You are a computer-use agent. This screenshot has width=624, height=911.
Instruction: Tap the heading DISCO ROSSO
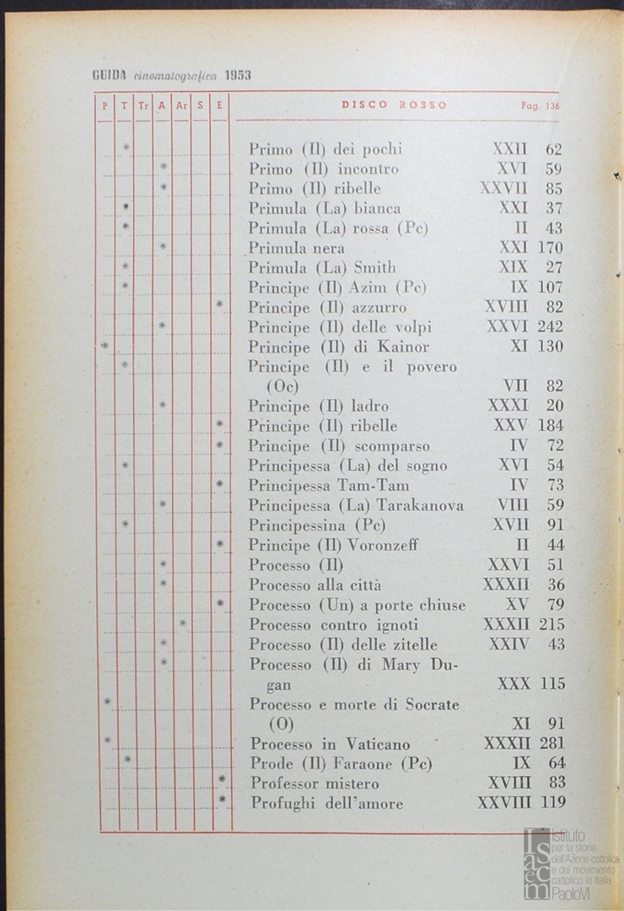point(394,105)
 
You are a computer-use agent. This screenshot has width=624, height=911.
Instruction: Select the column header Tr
point(143,106)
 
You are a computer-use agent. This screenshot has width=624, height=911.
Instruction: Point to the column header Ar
point(181,106)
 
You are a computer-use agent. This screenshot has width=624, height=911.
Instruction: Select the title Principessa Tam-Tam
point(329,485)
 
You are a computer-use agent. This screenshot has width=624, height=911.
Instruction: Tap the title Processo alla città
point(315,585)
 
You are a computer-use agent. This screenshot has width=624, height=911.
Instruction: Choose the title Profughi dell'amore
point(326,803)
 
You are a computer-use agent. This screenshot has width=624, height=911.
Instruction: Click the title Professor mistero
point(315,783)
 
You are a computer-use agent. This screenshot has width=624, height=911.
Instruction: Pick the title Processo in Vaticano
point(330,744)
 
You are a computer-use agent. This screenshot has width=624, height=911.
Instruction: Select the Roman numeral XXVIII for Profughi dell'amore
point(503,803)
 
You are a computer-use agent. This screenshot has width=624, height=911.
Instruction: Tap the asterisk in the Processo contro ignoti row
point(182,624)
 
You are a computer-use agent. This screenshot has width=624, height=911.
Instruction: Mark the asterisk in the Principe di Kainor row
point(105,346)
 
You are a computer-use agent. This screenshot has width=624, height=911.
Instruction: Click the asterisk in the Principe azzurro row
point(220,305)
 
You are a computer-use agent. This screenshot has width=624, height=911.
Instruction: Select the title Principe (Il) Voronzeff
point(333,545)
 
